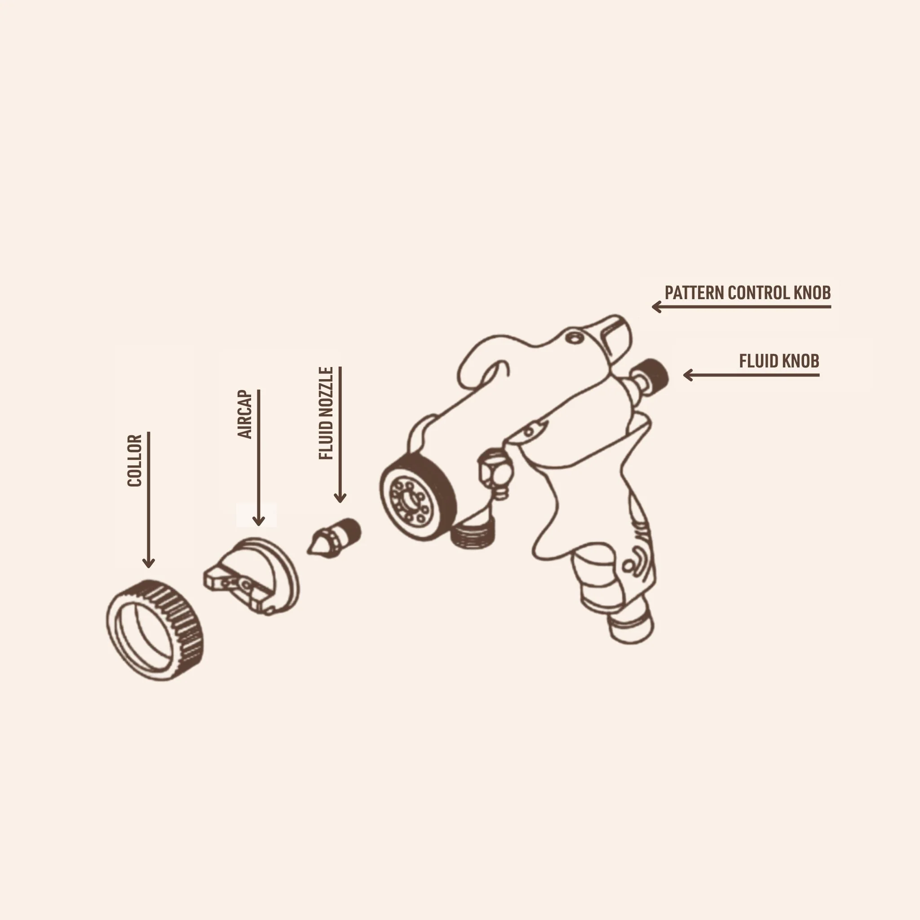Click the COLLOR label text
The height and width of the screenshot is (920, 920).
135,460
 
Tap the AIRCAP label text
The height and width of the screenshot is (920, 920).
244,414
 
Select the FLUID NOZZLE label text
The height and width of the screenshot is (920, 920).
326,413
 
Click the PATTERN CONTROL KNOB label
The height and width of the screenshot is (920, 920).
747,292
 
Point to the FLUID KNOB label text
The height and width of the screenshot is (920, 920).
779,361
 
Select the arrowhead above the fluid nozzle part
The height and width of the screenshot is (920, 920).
340,497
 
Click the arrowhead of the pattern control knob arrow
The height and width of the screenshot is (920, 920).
657,307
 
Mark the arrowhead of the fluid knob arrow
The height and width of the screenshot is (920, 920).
689,375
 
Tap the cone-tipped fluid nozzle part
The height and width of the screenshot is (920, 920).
334,537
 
